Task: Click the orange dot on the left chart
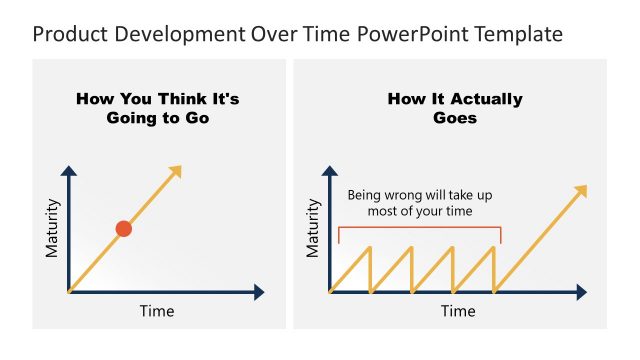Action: point(124,229)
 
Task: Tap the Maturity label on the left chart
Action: point(53,228)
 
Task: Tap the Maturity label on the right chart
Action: point(313,228)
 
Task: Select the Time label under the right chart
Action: point(458,311)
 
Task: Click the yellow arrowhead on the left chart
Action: point(176,171)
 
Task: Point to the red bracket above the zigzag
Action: point(419,228)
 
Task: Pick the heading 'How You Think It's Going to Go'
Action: point(158,108)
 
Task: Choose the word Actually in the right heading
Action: point(487,99)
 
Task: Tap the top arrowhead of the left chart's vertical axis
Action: point(68,171)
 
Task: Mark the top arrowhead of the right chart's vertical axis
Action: point(329,171)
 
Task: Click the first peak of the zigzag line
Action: point(370,247)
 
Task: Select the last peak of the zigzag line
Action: point(494,247)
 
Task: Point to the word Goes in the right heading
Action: point(455,117)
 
